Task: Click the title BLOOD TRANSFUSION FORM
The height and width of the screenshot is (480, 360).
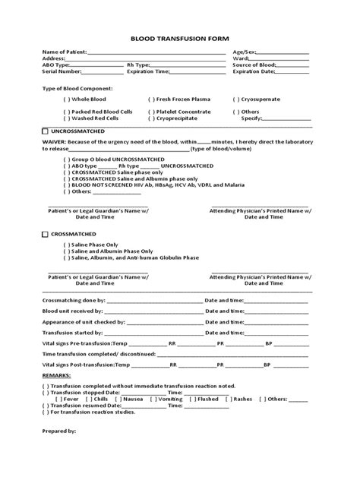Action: click(180, 37)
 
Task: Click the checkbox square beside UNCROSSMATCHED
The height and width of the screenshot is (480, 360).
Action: click(45, 132)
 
